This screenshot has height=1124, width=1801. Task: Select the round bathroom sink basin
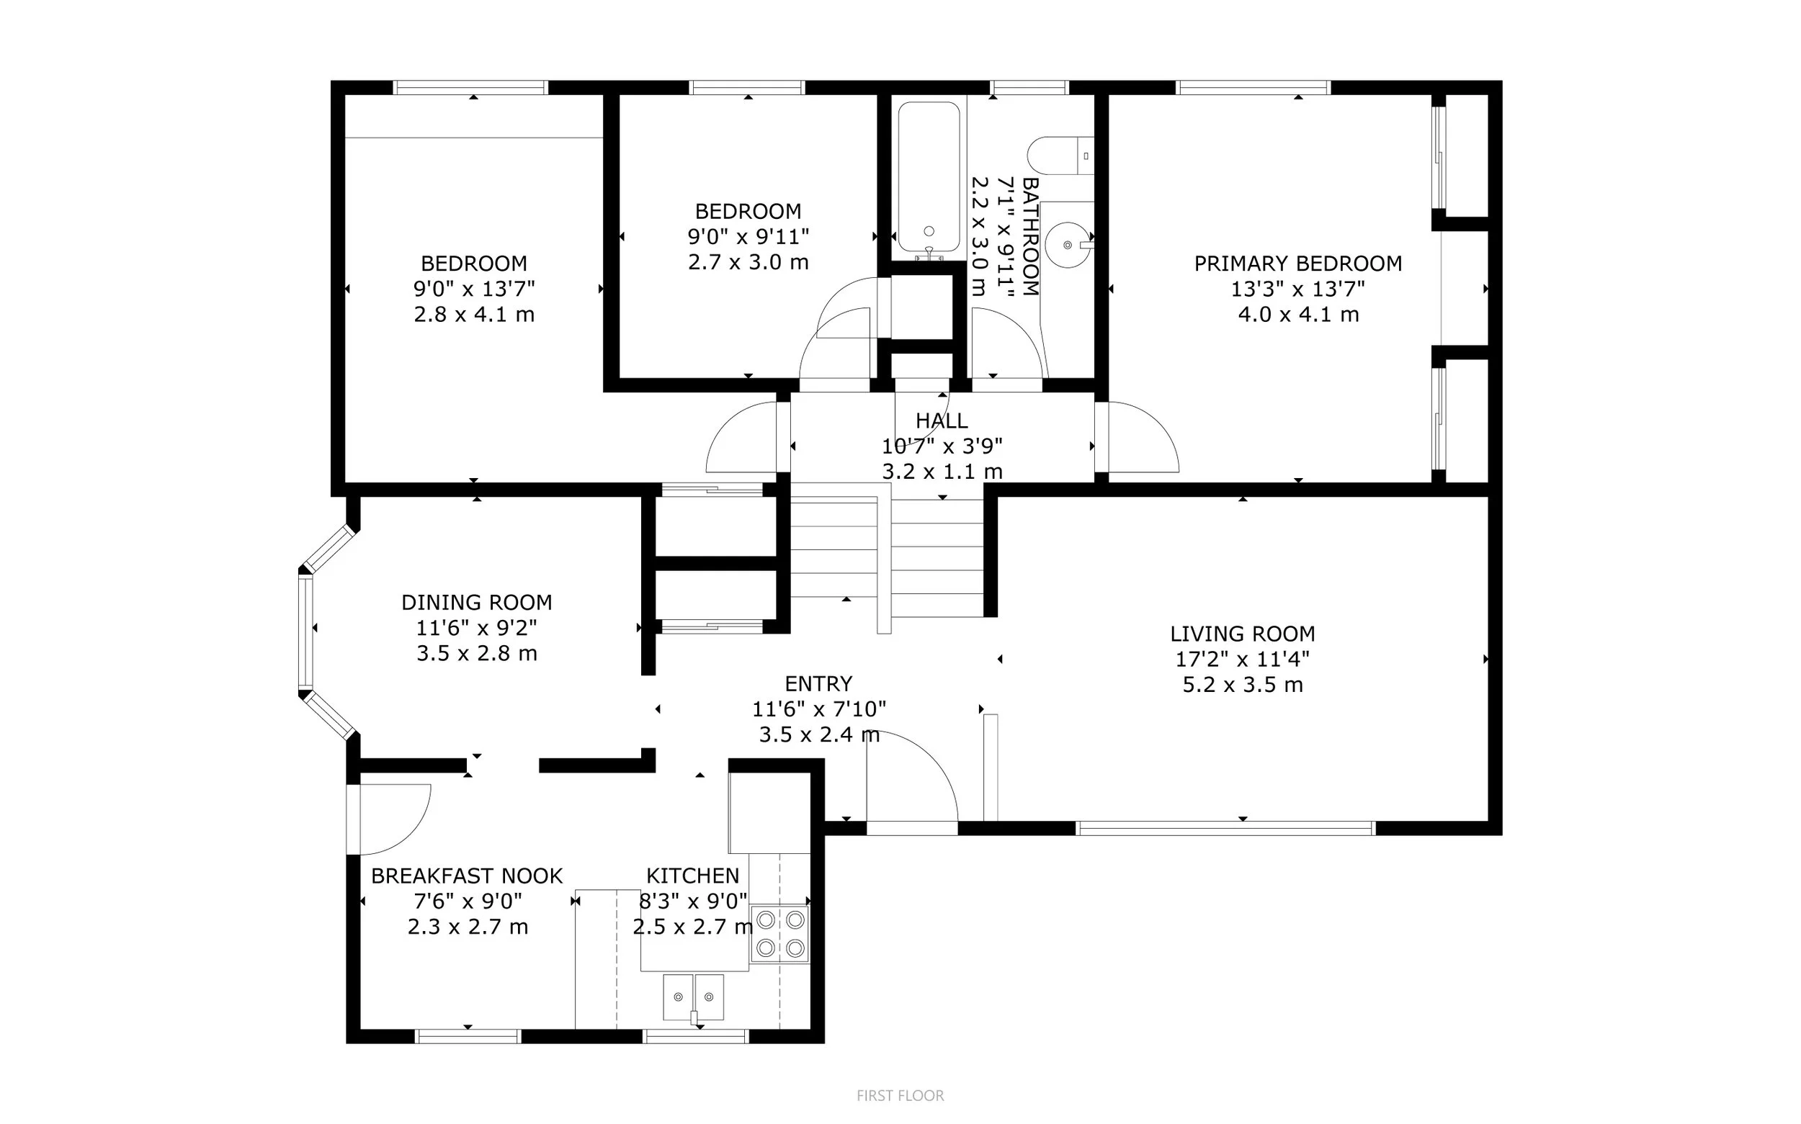click(1067, 244)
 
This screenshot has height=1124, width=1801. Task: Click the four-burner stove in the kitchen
click(779, 934)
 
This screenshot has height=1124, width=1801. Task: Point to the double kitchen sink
click(693, 997)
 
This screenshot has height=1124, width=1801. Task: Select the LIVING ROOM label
click(1242, 634)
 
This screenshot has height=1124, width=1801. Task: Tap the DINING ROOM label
click(477, 602)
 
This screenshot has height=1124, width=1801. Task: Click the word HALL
click(942, 421)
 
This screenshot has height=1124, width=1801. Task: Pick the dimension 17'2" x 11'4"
click(1242, 660)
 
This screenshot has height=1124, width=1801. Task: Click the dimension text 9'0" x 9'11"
click(748, 236)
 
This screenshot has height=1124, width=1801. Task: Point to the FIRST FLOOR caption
click(900, 1096)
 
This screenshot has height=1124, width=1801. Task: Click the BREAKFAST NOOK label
click(467, 876)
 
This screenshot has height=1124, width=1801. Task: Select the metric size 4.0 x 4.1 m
click(1297, 315)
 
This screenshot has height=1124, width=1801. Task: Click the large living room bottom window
click(1225, 828)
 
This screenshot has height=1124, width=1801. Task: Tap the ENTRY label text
click(818, 684)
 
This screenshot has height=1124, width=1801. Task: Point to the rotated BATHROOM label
click(1030, 236)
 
